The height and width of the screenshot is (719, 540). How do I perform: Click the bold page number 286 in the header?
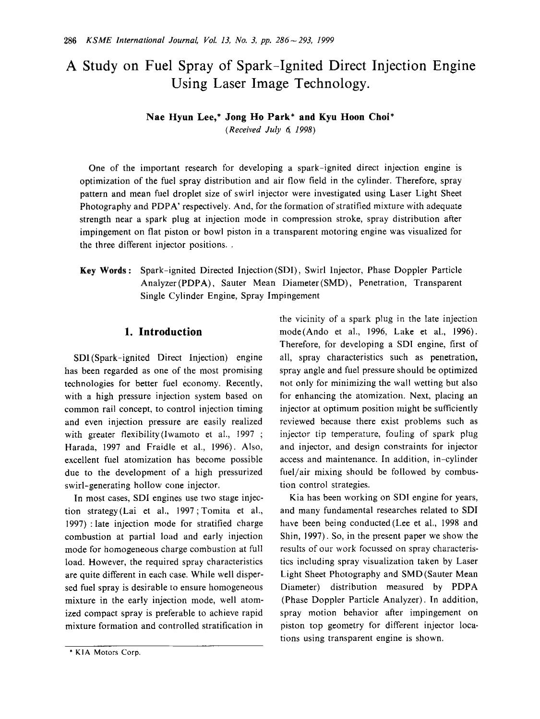[x=71, y=40]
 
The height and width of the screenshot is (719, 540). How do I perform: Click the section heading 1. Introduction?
[x=163, y=332]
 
